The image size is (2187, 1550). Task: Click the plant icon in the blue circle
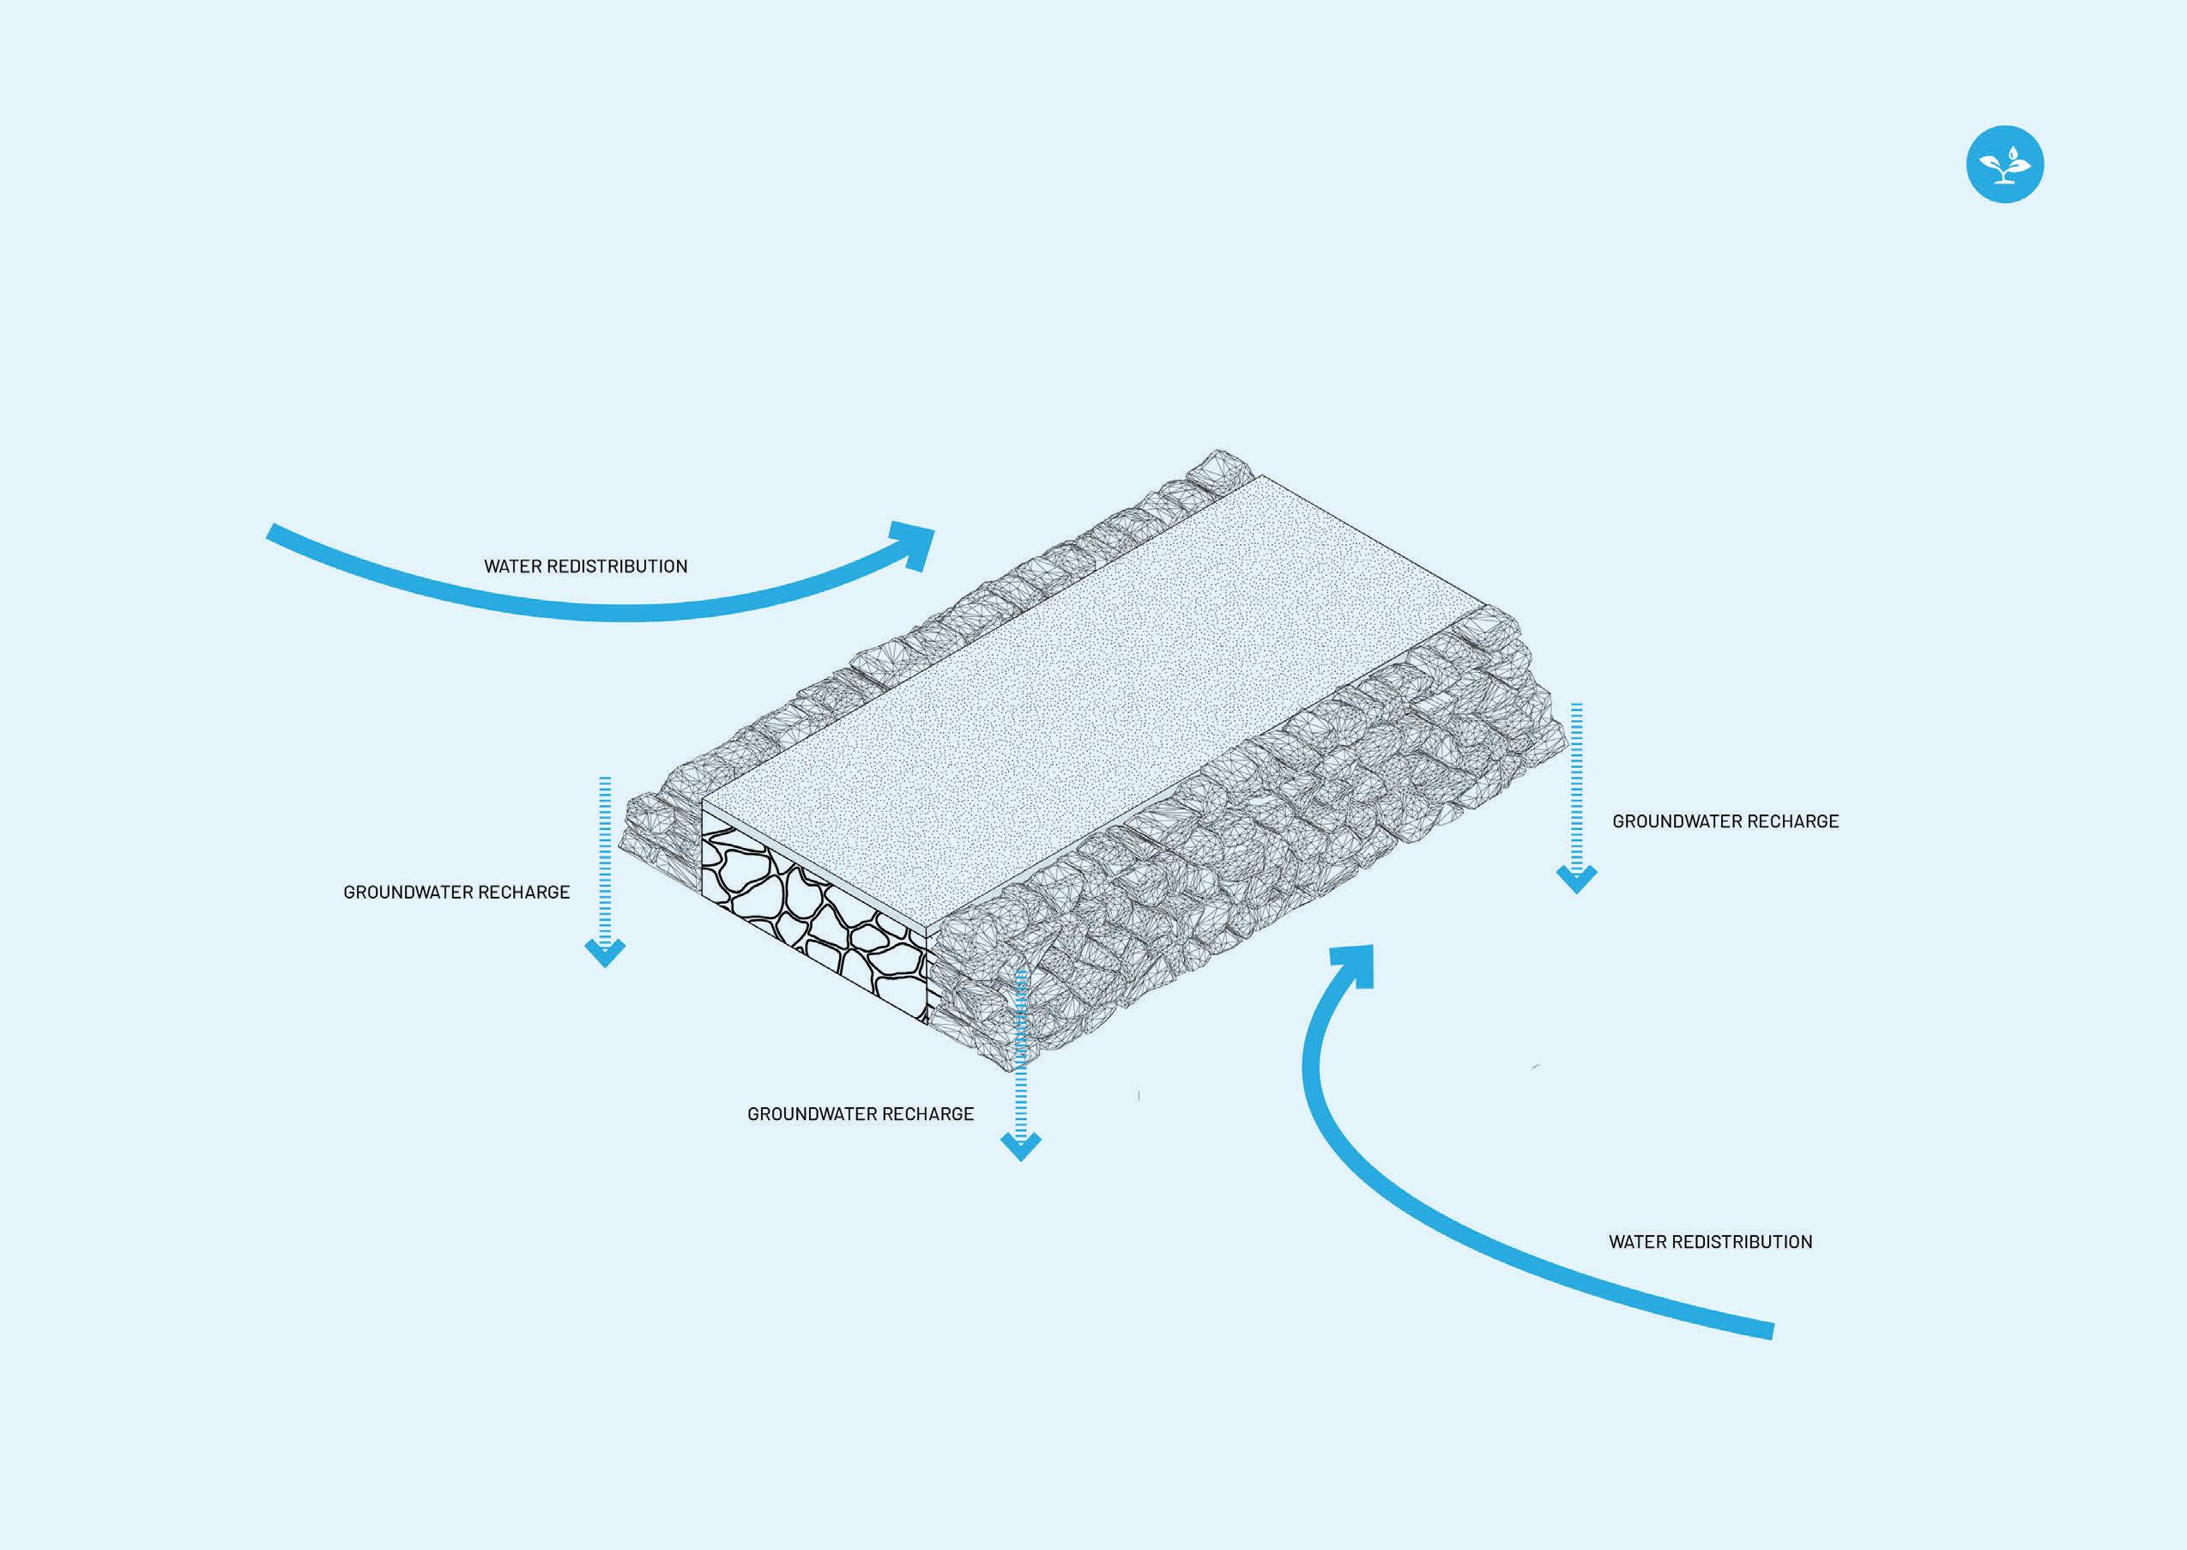pyautogui.click(x=2005, y=164)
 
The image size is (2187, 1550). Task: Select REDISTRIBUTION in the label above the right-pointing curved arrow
pyautogui.click(x=621, y=566)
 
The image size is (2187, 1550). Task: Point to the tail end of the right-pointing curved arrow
pyautogui.click(x=272, y=531)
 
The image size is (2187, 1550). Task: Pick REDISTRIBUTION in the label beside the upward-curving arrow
pyautogui.click(x=1746, y=1242)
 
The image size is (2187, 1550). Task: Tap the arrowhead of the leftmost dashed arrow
pyautogui.click(x=605, y=952)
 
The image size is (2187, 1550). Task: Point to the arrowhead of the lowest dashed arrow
pyautogui.click(x=1020, y=1145)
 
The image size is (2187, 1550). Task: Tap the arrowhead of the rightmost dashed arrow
pyautogui.click(x=1576, y=878)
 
